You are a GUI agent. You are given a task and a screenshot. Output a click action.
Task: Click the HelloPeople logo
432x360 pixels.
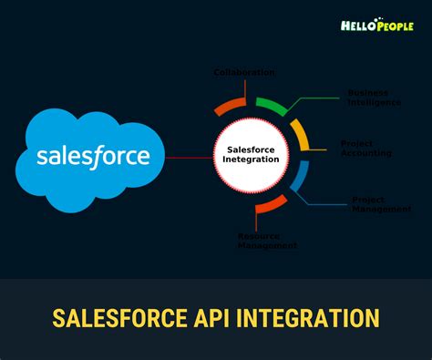pos(378,26)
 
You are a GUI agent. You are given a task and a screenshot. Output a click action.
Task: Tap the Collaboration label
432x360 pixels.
pos(244,72)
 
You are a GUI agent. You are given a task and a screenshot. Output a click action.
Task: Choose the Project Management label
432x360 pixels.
pos(381,204)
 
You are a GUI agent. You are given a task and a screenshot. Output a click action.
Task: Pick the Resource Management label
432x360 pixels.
pos(267,240)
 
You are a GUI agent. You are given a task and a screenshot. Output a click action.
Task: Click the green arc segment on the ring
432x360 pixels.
pos(273,104)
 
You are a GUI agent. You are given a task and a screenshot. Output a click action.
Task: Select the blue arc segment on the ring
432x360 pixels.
pos(298,178)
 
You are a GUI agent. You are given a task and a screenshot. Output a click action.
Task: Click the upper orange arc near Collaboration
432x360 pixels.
pos(230,103)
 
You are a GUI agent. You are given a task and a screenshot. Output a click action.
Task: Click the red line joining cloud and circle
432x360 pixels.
pos(189,157)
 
